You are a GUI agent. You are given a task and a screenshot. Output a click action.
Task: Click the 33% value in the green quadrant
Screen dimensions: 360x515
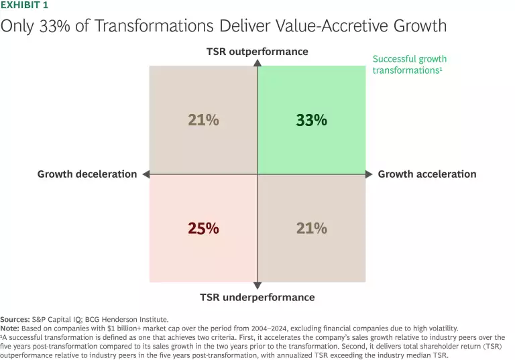click(311, 121)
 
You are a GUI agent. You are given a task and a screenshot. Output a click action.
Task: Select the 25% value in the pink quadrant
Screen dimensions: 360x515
click(203, 228)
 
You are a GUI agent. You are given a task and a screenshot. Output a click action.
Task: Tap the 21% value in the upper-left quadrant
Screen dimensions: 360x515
click(203, 121)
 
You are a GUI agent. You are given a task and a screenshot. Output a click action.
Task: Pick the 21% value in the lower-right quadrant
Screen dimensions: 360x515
click(311, 228)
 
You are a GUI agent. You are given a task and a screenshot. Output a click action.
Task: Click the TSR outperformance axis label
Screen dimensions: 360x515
click(257, 52)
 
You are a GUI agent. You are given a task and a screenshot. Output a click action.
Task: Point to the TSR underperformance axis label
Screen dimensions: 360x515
click(257, 297)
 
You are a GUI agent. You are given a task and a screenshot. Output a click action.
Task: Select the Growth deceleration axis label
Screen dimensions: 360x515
click(87, 174)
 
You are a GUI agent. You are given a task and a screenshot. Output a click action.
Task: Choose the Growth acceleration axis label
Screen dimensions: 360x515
click(427, 174)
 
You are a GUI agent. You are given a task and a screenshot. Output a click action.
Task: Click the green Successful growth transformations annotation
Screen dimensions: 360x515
click(409, 64)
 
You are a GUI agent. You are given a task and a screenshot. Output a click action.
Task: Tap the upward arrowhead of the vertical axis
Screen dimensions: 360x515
click(257, 63)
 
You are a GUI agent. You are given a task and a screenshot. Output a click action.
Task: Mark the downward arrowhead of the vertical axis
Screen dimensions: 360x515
click(257, 286)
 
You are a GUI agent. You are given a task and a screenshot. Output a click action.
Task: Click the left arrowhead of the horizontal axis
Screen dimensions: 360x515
click(144, 174)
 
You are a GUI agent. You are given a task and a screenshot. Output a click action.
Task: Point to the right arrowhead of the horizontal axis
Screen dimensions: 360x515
click(369, 174)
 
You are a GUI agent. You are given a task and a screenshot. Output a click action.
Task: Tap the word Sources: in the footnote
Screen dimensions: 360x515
click(15, 320)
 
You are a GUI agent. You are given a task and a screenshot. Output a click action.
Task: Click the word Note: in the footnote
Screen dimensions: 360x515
click(9, 328)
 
